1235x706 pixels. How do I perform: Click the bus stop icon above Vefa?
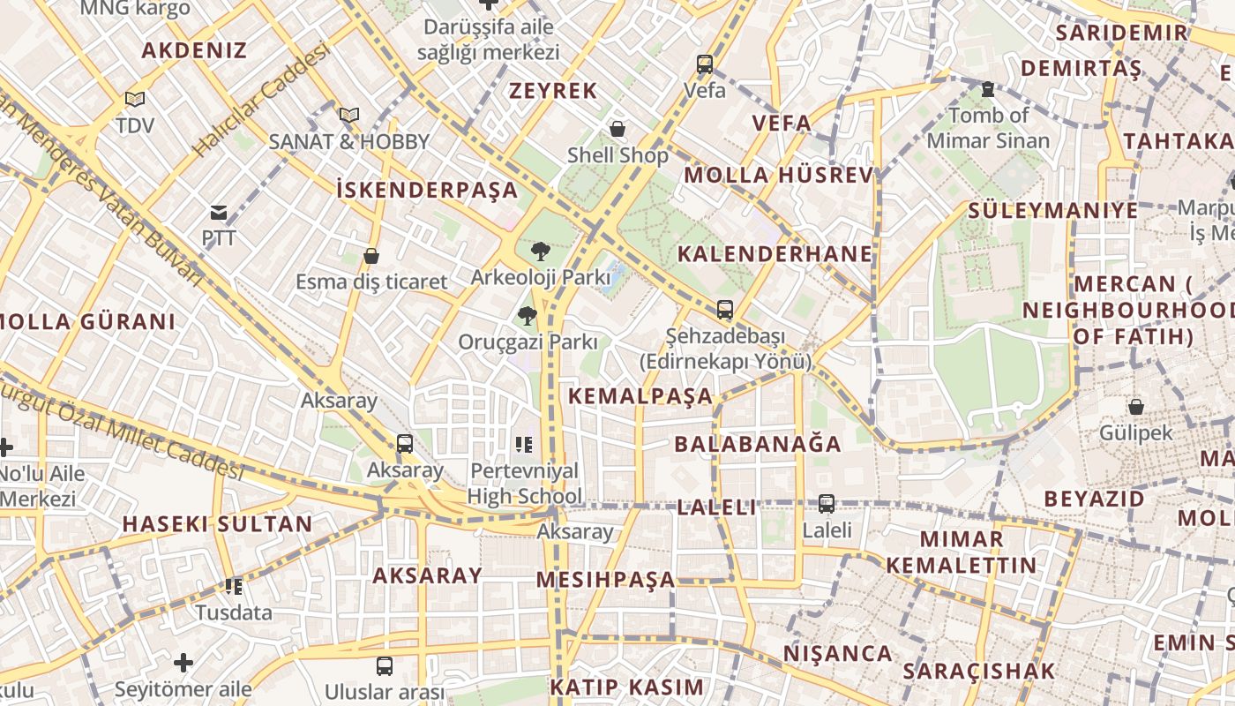click(704, 64)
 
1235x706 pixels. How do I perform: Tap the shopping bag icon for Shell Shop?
click(618, 130)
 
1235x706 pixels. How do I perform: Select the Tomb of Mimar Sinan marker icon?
click(987, 89)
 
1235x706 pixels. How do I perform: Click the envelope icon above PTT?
click(218, 213)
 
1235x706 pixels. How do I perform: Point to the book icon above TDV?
click(134, 100)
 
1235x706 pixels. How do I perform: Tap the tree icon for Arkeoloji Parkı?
click(540, 252)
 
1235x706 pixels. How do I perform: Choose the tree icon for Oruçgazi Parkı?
click(528, 316)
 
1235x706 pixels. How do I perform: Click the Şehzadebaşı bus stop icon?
click(724, 310)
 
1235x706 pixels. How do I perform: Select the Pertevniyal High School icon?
click(524, 445)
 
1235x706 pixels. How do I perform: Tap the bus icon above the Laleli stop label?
click(826, 504)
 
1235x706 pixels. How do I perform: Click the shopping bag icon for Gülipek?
click(1135, 407)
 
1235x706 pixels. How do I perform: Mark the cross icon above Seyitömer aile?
click(183, 663)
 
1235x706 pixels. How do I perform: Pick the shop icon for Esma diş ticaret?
click(371, 256)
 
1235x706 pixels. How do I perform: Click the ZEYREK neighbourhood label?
click(553, 90)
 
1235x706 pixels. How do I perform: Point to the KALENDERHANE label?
click(775, 254)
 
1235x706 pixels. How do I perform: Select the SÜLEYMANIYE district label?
click(1053, 210)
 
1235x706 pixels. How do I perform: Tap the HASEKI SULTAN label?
click(217, 523)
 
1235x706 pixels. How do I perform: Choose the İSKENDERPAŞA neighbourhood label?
click(427, 189)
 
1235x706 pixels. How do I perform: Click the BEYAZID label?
click(1094, 499)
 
